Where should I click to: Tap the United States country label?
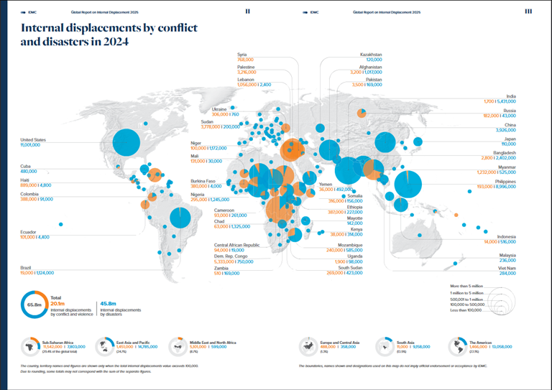[x=34, y=139]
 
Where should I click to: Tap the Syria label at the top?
[x=242, y=55]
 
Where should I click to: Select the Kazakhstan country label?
[x=371, y=55]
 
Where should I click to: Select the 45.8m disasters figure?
[x=110, y=303]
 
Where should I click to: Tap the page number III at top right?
[x=528, y=11]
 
